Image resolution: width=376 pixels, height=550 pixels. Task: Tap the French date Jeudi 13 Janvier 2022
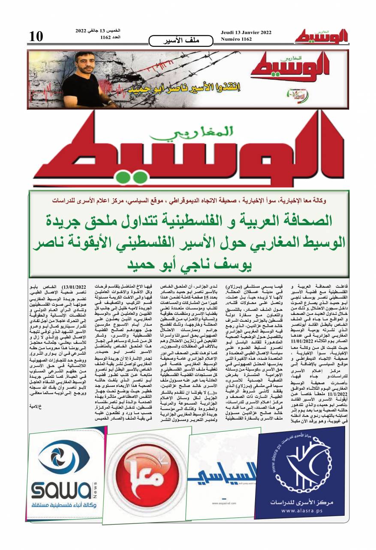[x=246, y=33]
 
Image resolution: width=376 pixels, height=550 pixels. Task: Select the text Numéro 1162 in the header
[x=236, y=39]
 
